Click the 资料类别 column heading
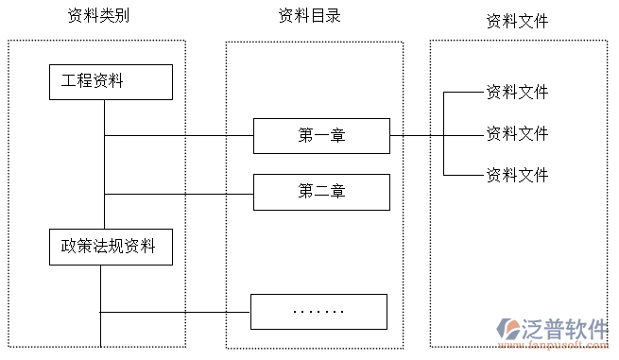[x=98, y=16]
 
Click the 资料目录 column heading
[x=309, y=16]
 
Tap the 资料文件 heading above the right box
[x=517, y=21]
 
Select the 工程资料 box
[x=111, y=81]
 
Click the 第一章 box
[x=321, y=136]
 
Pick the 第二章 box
[x=321, y=192]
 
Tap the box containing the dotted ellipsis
[x=318, y=311]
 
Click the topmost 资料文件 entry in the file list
[x=517, y=93]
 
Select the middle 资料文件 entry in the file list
[x=517, y=134]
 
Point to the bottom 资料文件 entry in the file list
[x=517, y=176]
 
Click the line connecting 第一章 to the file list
[x=416, y=135]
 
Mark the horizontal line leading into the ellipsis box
[x=175, y=312]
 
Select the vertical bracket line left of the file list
[x=443, y=134]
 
